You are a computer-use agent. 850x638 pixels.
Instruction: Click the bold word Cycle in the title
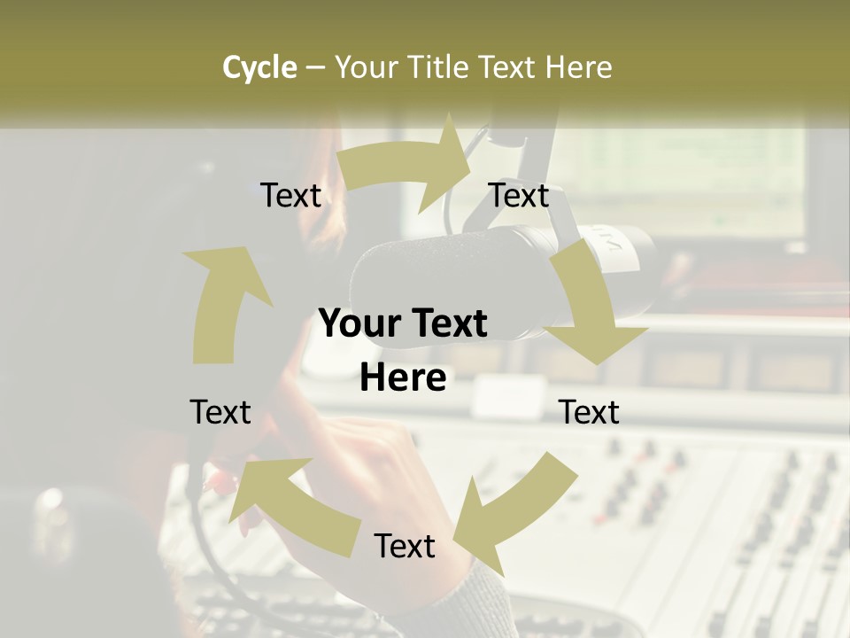coord(259,67)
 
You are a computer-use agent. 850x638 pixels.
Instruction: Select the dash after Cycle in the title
coord(315,67)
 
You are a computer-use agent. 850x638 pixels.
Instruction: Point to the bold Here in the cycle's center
coord(403,377)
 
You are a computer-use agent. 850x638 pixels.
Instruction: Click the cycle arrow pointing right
coord(407,167)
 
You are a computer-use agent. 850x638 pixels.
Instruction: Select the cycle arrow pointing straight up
coord(221,301)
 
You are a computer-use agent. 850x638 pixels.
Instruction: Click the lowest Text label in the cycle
coord(405,546)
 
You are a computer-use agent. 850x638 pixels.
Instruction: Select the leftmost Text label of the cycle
coord(220,412)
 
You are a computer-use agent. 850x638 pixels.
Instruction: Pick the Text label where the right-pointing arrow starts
coord(291,195)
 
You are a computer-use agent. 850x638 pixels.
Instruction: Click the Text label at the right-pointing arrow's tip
coord(519,195)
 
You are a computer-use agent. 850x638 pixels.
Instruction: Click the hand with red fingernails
coord(354,461)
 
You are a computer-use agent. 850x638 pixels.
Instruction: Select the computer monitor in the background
coord(673,177)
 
